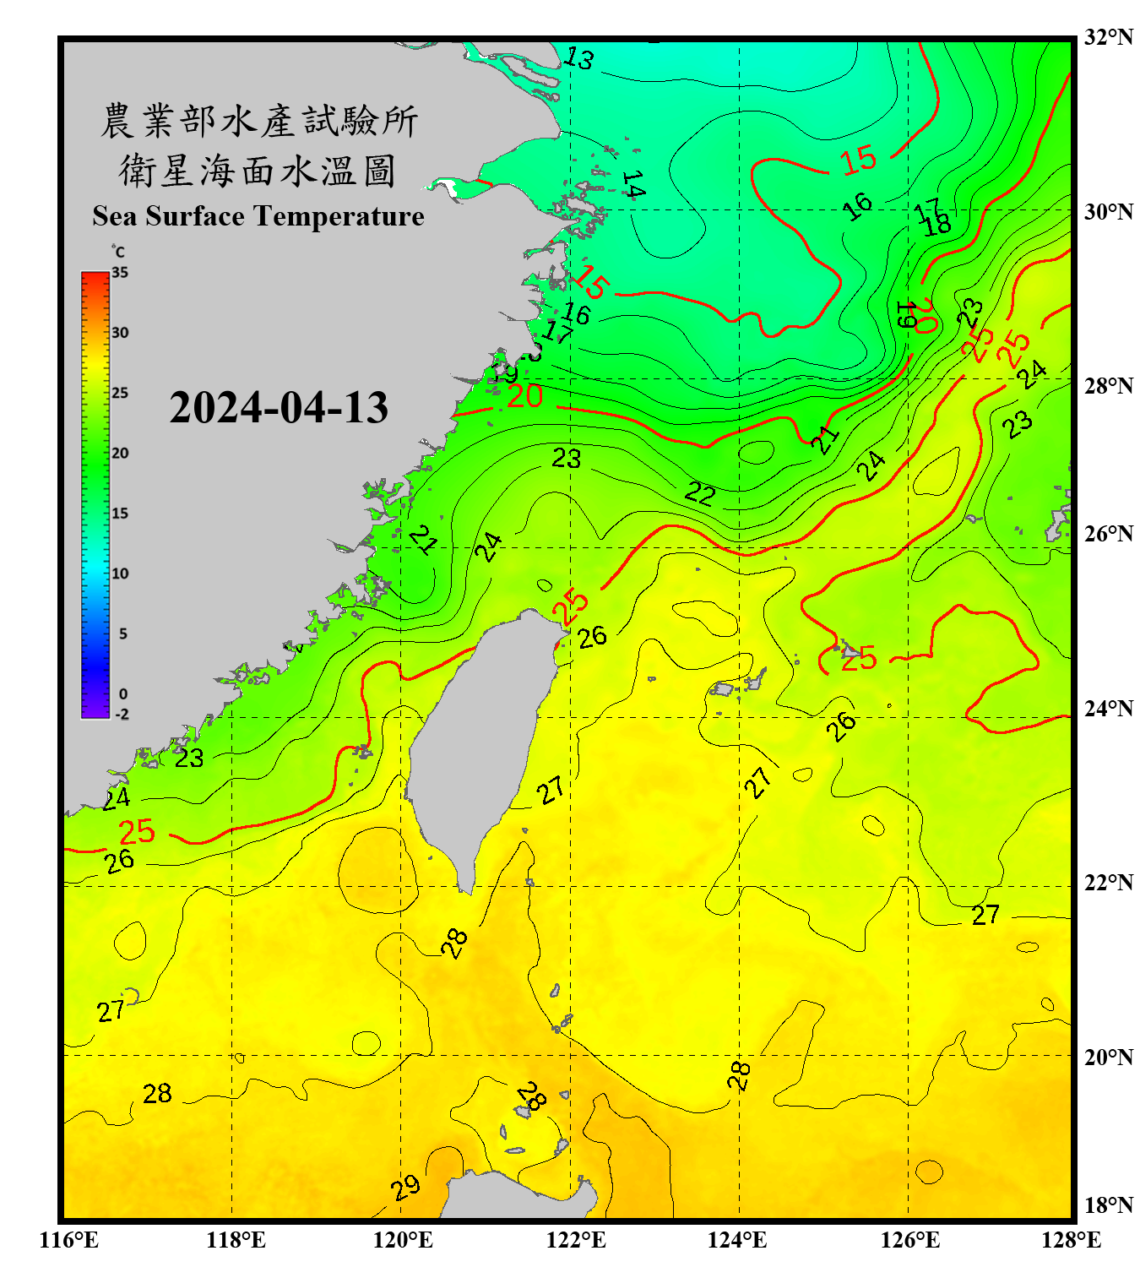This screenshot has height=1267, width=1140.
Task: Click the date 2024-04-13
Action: point(279,408)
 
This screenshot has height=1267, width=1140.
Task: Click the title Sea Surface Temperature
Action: point(258,216)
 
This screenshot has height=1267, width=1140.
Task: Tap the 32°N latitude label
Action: point(1108,37)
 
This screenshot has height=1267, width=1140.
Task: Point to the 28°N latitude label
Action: point(1108,386)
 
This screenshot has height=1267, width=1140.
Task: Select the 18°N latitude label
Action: point(1108,1205)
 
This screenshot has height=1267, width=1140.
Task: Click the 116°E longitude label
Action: point(69,1240)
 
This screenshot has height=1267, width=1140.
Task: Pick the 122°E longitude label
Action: point(576,1240)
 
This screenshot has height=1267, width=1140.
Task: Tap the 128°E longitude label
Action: point(1071,1240)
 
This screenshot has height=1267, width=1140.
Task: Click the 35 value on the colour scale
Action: point(120,273)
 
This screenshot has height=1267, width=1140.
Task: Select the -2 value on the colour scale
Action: point(122,715)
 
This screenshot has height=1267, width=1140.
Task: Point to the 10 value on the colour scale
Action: point(120,574)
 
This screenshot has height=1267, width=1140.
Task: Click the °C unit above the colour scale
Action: point(118,252)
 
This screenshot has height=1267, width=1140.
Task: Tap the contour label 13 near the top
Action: point(578,58)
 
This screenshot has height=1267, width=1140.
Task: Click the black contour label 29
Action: point(406,1188)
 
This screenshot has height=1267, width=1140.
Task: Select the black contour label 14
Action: point(633,184)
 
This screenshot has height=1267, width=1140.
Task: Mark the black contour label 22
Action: point(700,493)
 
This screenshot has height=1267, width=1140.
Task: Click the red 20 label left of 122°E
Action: point(524,396)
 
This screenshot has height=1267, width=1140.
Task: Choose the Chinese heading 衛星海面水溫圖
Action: point(258,171)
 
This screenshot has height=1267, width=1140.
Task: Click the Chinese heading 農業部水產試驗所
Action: point(259,121)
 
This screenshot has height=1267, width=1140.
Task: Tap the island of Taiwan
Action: point(481,743)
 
